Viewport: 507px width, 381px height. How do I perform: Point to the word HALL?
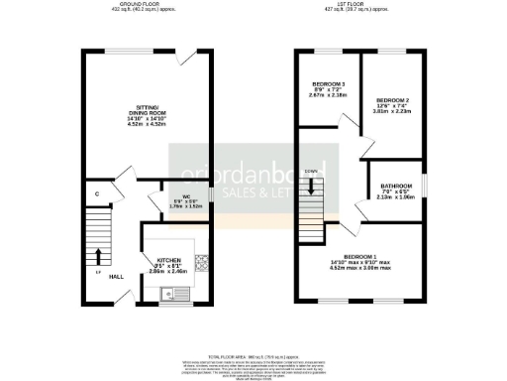pos(115,277)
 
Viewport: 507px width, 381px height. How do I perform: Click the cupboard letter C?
pos(96,193)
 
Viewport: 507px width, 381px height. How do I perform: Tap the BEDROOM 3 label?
pos(328,83)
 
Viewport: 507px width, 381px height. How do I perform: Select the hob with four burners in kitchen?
pos(201,263)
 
